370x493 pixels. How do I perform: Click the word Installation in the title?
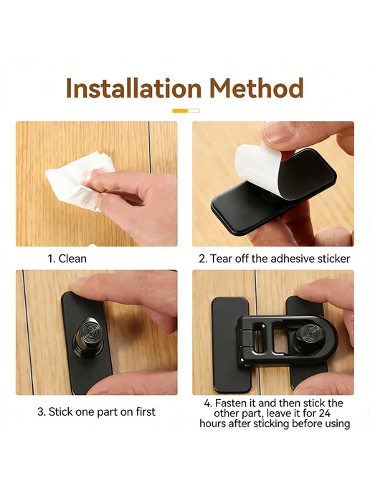click(133, 88)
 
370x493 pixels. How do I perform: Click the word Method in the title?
click(257, 88)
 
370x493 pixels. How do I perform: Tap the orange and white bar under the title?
click(186, 110)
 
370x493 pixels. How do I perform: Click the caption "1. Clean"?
click(67, 259)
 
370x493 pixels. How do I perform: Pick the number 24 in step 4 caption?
click(323, 413)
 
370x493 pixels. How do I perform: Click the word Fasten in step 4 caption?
click(231, 403)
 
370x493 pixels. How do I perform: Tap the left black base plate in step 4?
click(226, 345)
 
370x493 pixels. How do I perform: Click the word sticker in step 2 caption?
click(333, 259)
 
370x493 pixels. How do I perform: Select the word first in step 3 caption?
click(146, 411)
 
